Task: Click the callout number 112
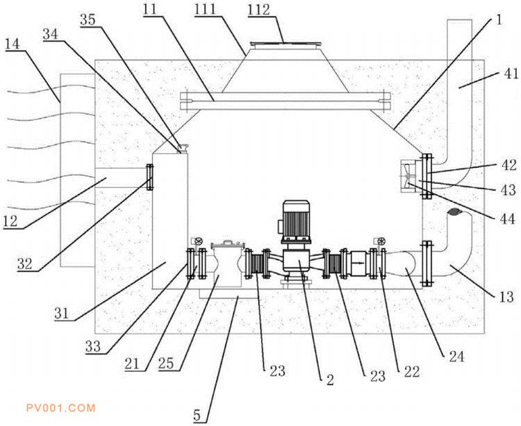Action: tap(259, 10)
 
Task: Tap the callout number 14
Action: tap(13, 44)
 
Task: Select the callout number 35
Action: tap(88, 19)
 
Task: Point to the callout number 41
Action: tap(511, 74)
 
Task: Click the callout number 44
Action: tap(508, 219)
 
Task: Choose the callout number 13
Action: tap(506, 297)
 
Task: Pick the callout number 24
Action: tap(456, 357)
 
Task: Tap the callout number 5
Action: tap(197, 416)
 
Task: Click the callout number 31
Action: tap(61, 314)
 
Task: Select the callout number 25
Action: tap(166, 364)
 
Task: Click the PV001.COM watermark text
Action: tap(61, 408)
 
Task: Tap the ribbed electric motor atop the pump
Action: tap(295, 220)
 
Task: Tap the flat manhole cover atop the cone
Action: tap(286, 44)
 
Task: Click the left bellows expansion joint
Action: tap(256, 264)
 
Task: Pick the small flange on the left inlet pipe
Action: tap(150, 177)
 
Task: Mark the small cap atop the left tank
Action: tap(183, 148)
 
